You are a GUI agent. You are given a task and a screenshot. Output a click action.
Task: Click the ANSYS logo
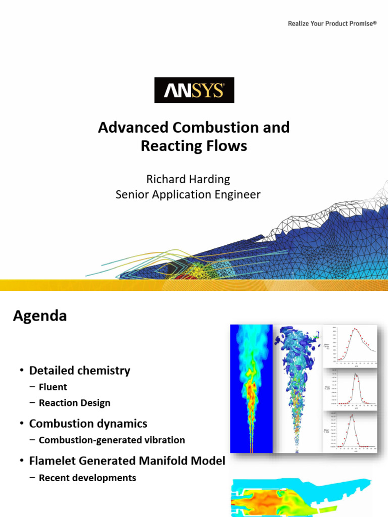coord(194,90)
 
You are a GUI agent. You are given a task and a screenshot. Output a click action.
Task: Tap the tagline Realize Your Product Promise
coord(332,23)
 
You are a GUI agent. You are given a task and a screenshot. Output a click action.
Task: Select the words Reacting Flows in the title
coord(194,146)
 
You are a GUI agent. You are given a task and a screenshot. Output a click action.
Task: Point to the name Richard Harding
coord(188,179)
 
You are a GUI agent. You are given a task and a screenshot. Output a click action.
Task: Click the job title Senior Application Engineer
coord(188,194)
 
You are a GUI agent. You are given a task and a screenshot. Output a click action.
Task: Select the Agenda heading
coord(39,316)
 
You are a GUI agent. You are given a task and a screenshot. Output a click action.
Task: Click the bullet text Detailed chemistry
coord(79,371)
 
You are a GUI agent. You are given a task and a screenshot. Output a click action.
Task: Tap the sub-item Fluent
coord(53,387)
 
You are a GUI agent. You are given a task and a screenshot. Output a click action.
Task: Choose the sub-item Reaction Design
coord(74,403)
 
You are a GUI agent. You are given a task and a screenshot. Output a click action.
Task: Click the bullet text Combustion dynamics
coord(88,424)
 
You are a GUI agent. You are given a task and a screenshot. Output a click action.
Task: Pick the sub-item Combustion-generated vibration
coord(112,440)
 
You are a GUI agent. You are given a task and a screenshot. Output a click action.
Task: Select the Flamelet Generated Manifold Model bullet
coord(127,460)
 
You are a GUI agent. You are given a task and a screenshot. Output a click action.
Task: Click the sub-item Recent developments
coord(87,478)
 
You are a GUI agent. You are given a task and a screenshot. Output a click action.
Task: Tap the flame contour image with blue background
coord(251,388)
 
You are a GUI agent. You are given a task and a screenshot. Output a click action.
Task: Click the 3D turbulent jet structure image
coord(298,388)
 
